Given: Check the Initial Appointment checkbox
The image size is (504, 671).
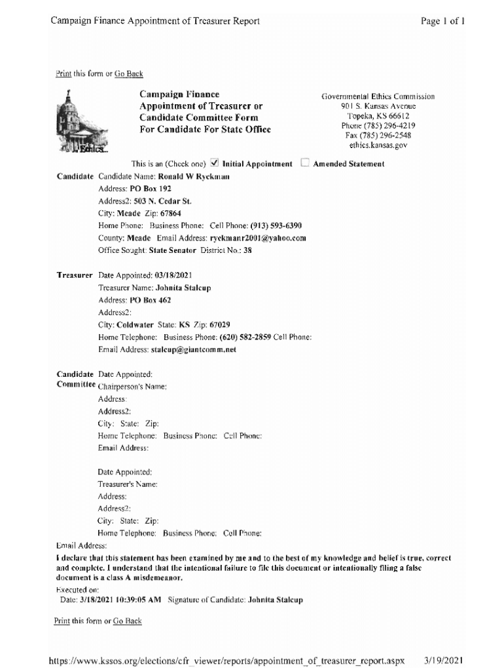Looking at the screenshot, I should click(x=215, y=164).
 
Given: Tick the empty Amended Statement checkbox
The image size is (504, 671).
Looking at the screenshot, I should click(x=304, y=164).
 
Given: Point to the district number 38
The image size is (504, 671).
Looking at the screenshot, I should click(x=247, y=250).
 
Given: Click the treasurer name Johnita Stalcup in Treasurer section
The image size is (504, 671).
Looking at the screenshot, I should click(x=183, y=288).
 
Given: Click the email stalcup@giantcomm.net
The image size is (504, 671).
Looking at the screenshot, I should click(x=194, y=350).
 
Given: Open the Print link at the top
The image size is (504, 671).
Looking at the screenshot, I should click(x=63, y=74).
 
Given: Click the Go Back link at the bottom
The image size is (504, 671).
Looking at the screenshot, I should click(x=128, y=621).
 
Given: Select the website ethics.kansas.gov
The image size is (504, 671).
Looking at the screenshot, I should click(x=378, y=145).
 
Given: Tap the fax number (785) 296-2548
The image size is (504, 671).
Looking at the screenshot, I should click(x=378, y=136).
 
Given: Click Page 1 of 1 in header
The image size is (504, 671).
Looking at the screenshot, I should click(x=444, y=21).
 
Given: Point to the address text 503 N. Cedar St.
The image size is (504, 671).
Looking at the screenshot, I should click(x=153, y=201).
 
